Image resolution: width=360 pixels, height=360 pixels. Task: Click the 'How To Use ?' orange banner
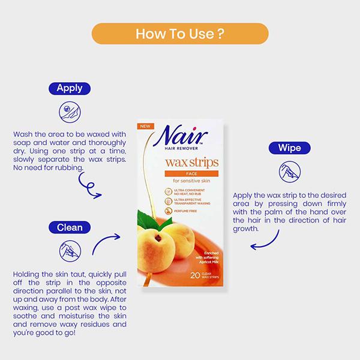pyautogui.click(x=180, y=34)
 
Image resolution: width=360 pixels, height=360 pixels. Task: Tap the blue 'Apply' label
pyautogui.click(x=70, y=89)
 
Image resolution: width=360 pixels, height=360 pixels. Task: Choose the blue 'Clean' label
pyautogui.click(x=70, y=227)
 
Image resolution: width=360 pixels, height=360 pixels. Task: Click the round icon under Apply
pyautogui.click(x=70, y=112)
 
